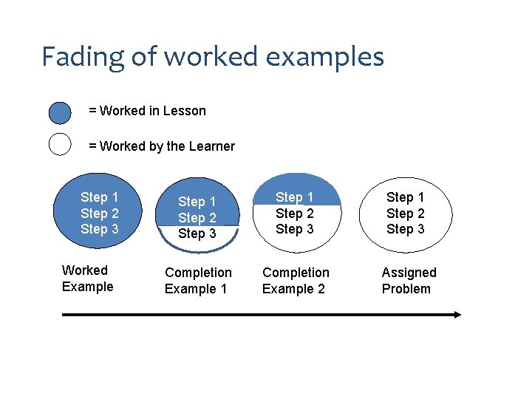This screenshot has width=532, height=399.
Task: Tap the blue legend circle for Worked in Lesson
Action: tap(60, 113)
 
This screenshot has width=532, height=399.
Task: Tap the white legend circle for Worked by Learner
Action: tap(60, 143)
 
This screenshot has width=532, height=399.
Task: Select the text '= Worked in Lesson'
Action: tap(147, 111)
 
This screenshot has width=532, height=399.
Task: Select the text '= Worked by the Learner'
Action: tap(162, 146)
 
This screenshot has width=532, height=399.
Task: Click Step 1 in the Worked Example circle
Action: tap(99, 197)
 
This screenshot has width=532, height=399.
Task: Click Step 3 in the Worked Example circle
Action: tap(99, 229)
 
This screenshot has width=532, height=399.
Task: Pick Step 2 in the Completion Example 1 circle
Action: tap(197, 218)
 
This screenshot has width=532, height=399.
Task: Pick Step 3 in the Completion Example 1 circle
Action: tap(197, 233)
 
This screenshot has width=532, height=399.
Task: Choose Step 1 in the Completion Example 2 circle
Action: tap(294, 197)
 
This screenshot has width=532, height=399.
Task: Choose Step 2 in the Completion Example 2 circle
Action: tap(294, 214)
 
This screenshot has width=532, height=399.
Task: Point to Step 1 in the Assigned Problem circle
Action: tap(405, 197)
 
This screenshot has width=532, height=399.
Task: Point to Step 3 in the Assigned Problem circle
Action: tap(405, 229)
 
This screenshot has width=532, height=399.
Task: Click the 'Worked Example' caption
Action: tap(87, 279)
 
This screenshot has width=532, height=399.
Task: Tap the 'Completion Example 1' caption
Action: tap(197, 281)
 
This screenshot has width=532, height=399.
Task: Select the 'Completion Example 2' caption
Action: tap(295, 281)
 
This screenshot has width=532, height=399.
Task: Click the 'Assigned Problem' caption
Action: tap(408, 281)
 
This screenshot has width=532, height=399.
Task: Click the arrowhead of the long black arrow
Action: tap(456, 314)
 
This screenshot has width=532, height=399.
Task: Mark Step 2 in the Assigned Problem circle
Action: tap(405, 214)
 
